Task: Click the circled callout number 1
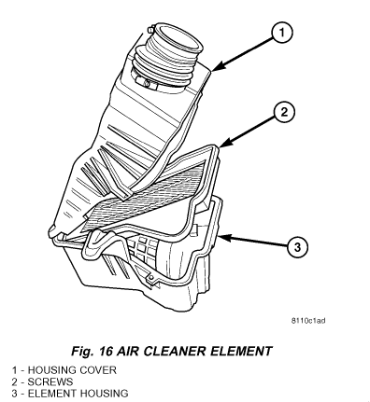tap(281, 33)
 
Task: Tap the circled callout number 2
tap(284, 112)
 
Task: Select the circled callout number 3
tap(297, 247)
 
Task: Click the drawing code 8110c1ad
tap(308, 321)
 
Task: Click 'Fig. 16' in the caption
tap(90, 352)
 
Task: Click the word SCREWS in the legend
tap(50, 381)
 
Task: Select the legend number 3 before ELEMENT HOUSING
tap(15, 394)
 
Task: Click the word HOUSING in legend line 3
tap(104, 394)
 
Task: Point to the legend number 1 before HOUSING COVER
tap(15, 370)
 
